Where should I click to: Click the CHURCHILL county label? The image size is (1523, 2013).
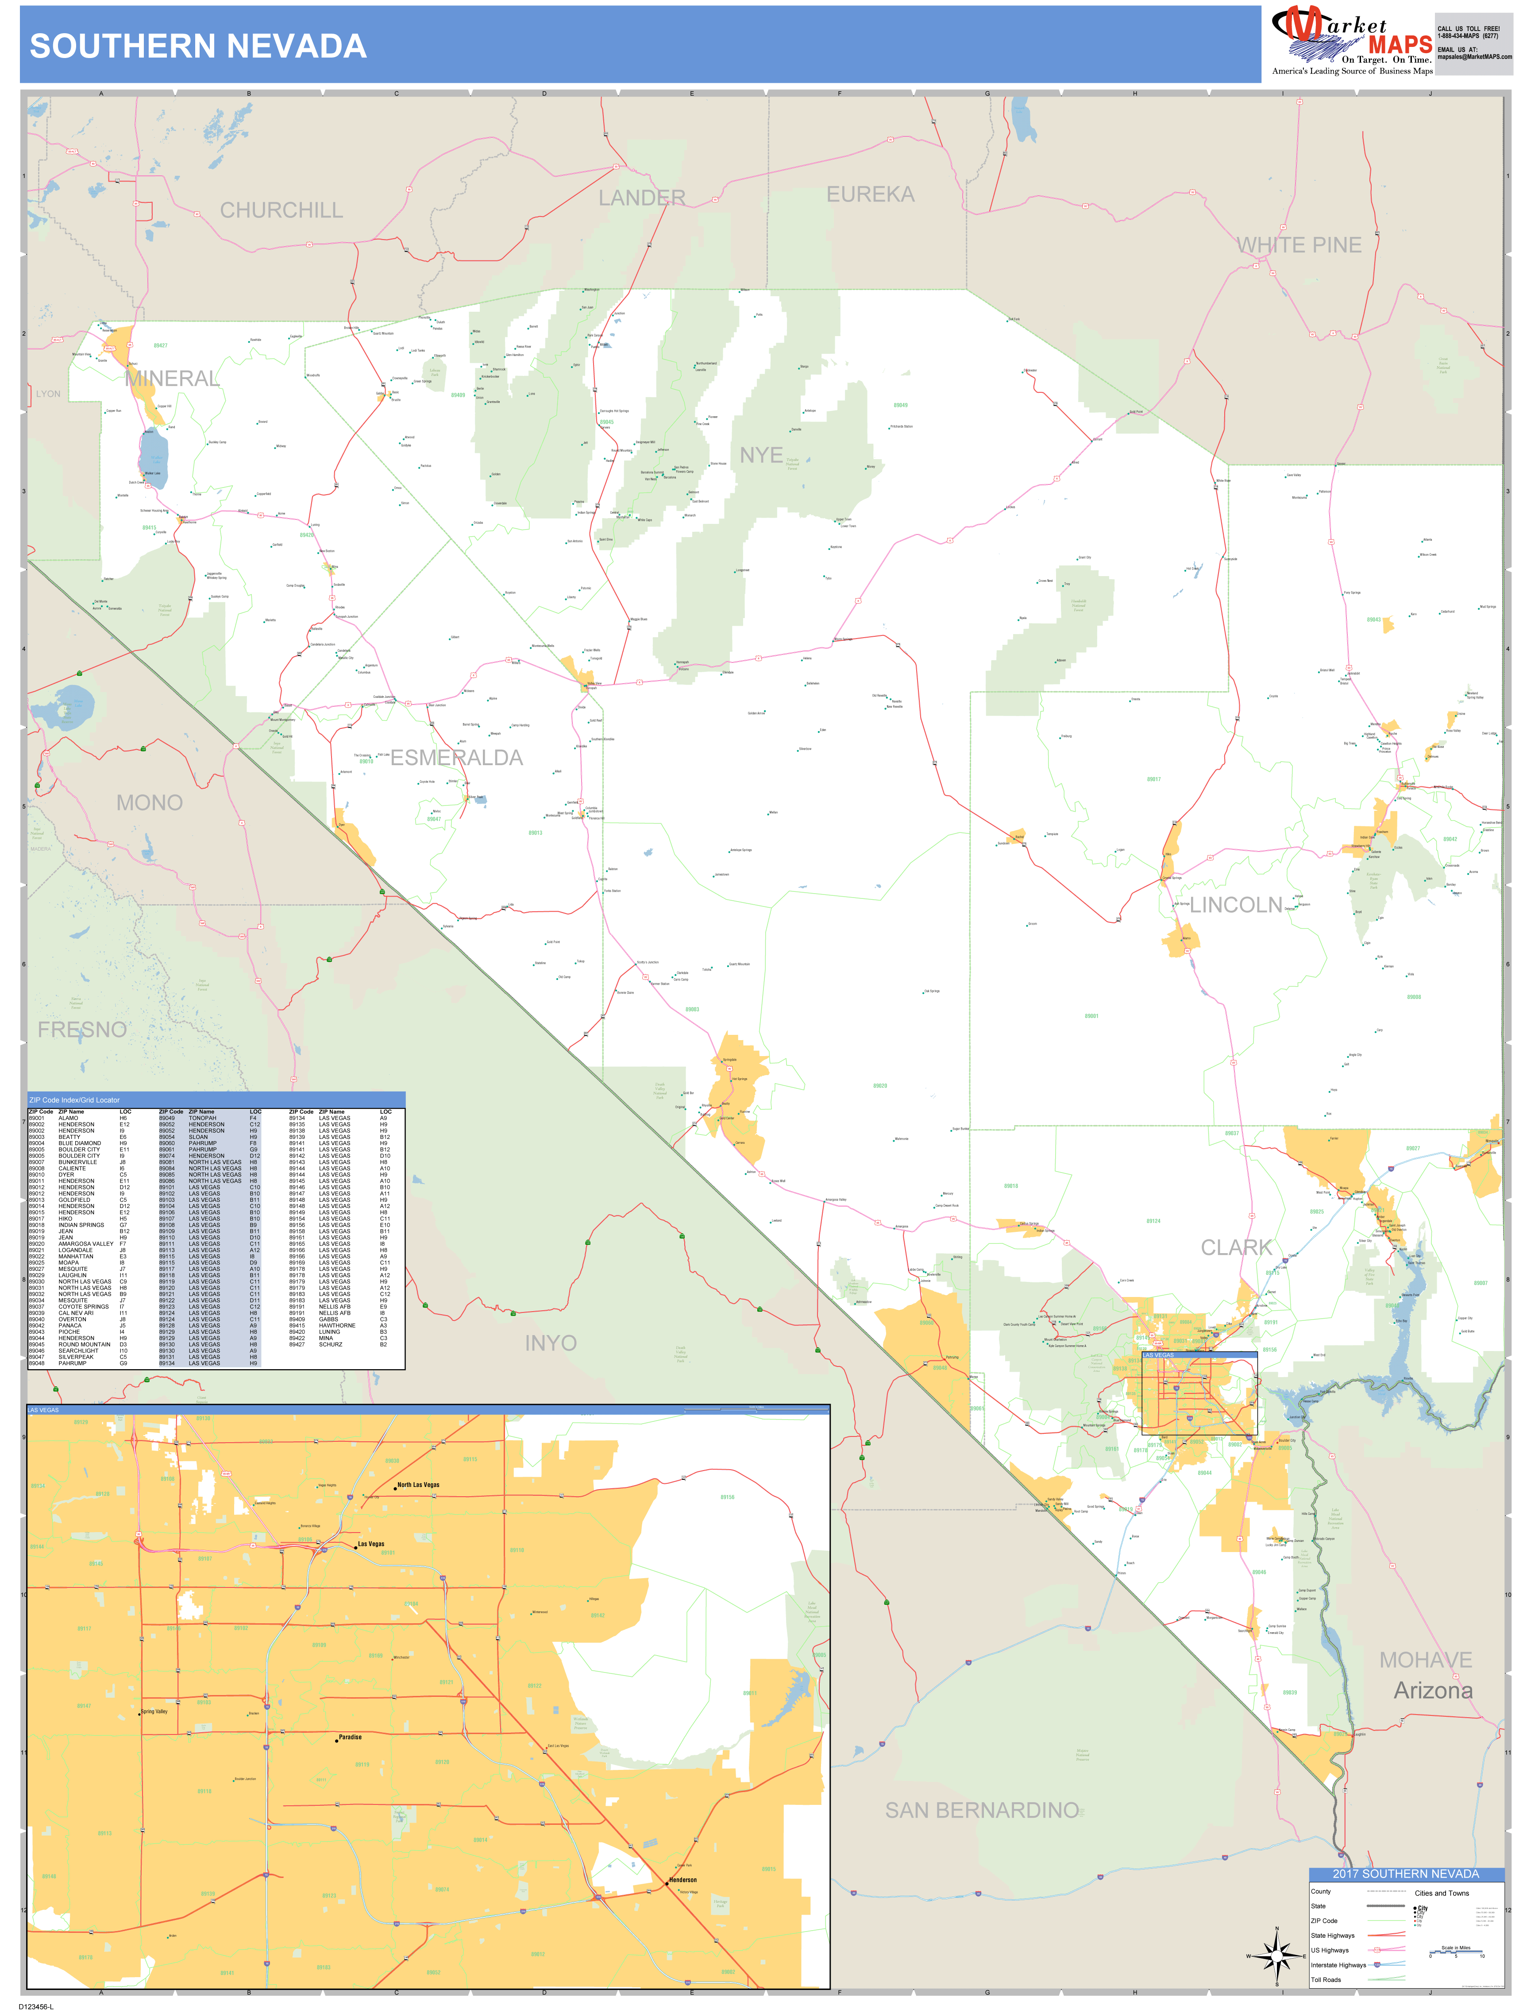[281, 210]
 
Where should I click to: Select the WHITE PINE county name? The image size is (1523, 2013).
[1298, 245]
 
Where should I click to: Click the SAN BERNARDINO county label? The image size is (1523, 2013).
[982, 1810]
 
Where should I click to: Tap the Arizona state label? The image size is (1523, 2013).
[1433, 1690]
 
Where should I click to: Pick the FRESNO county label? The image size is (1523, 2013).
[82, 1029]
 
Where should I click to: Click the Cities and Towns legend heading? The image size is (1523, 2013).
[1441, 1893]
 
